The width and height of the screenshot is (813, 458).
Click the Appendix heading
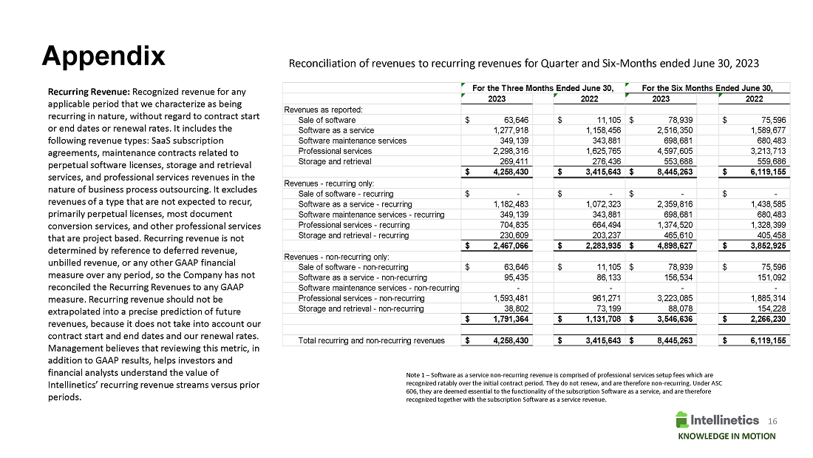pyautogui.click(x=103, y=55)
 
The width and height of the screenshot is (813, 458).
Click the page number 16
pyautogui.click(x=773, y=420)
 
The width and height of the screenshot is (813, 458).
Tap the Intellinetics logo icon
pyautogui.click(x=684, y=420)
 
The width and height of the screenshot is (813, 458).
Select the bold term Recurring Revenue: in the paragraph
pyautogui.click(x=88, y=90)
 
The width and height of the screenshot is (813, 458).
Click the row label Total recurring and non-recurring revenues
pyautogui.click(x=371, y=340)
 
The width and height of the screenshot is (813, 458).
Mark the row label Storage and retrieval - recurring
pyautogui.click(x=353, y=235)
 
